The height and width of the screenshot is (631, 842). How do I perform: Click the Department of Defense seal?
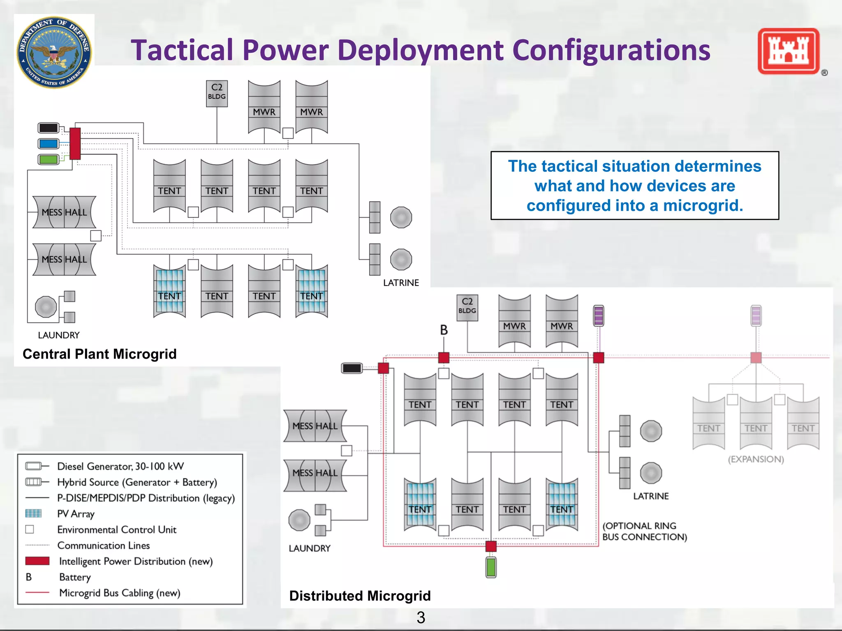coord(54,52)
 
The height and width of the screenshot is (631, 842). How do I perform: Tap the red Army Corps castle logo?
coord(789,51)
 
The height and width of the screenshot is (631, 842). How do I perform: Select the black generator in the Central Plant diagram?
coord(49,128)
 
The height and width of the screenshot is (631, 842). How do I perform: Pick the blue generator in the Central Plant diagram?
coord(49,143)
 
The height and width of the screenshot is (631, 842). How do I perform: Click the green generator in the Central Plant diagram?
coord(49,159)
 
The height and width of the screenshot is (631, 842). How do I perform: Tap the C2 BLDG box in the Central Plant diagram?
coord(217,93)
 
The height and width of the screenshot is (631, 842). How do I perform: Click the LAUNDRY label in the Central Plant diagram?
coord(59,335)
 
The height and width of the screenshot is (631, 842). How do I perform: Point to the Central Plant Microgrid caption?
coord(99,354)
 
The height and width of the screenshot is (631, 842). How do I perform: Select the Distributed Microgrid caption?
coord(360,596)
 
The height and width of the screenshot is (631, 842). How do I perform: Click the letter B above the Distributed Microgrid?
coord(444,330)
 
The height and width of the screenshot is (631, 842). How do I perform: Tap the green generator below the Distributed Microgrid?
coord(491,567)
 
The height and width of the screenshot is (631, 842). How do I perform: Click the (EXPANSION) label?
coord(756,459)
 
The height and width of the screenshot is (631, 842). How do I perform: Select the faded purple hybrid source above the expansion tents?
coord(756,315)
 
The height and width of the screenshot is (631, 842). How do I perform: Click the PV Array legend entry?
coord(76,514)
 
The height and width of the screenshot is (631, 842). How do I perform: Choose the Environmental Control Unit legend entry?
coord(117,530)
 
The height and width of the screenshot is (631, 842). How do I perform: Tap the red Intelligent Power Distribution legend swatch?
coord(37,561)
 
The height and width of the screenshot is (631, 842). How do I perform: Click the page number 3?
coord(421,617)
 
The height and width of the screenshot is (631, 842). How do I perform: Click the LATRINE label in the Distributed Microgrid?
coord(651,496)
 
